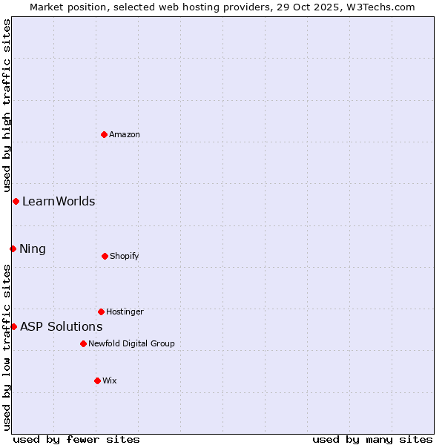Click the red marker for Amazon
(104, 134)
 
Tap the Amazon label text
(125, 134)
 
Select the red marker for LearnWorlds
(16, 201)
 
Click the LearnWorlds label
(59, 201)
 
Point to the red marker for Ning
(13, 248)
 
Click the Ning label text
(33, 248)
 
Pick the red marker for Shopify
(105, 256)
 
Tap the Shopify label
(125, 256)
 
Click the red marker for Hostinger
(101, 311)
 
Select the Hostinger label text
(125, 311)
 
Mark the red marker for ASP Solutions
(13, 326)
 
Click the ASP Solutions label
(62, 326)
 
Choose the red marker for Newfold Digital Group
(83, 343)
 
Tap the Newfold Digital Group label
(131, 343)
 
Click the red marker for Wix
(97, 380)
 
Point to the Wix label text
(110, 380)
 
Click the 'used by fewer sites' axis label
(76, 439)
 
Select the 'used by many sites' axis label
(372, 439)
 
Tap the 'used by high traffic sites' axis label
(7, 105)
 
